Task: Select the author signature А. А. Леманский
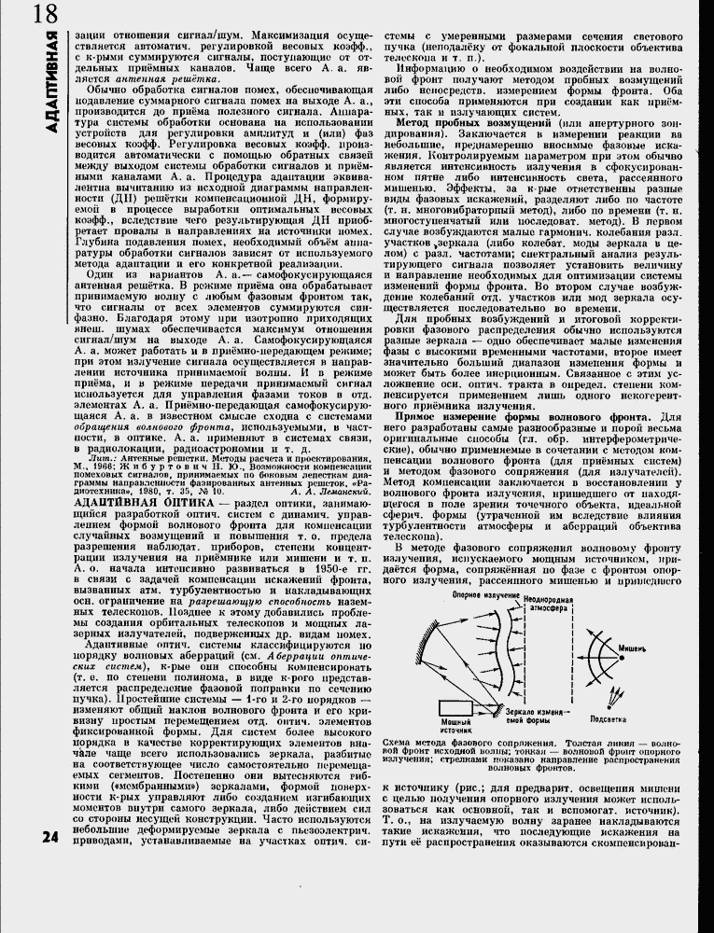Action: [x=299, y=490]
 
